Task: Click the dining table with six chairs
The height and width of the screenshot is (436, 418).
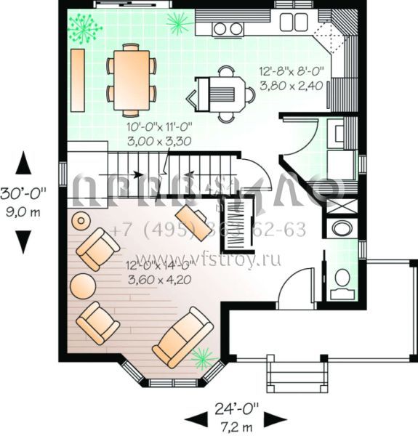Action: [x=132, y=80]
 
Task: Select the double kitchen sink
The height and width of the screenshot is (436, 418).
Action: [x=294, y=21]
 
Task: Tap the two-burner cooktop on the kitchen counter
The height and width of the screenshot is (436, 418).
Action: [x=228, y=28]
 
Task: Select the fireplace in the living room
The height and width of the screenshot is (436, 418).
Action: [x=236, y=216]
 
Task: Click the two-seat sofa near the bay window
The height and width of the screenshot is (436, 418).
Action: [x=182, y=336]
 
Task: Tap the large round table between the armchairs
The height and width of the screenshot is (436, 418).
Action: [x=83, y=285]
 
